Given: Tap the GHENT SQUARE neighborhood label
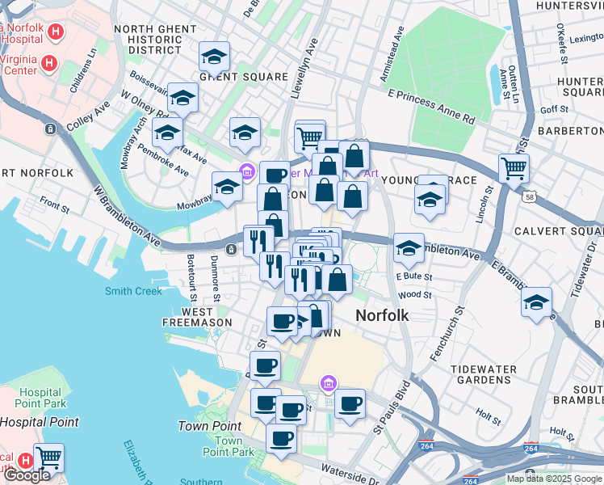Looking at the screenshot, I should coord(243,77).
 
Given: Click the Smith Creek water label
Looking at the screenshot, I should coord(133,291).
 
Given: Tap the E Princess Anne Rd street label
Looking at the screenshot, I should coord(430,106).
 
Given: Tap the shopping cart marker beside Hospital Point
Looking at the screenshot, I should coord(49,458).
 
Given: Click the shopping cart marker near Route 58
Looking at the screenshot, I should coord(514,169).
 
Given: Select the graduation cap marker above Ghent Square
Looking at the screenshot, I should coord(214,57).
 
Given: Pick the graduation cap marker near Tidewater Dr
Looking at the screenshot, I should coord(536,302).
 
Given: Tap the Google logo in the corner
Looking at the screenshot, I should coord(27,474).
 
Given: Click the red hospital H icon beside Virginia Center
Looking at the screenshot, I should coord(49,62).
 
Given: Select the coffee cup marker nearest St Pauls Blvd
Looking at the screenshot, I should coord(350,403).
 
